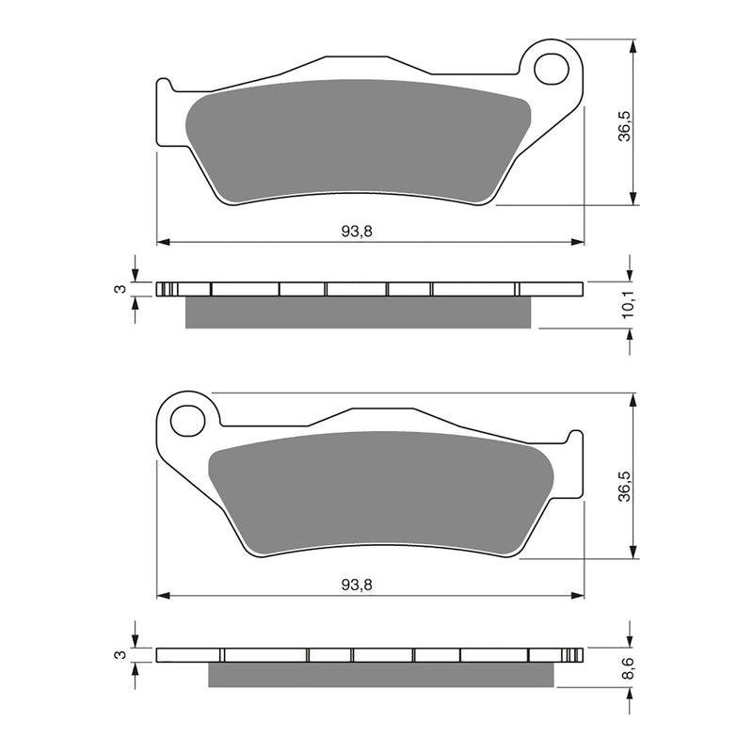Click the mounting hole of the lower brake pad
190,420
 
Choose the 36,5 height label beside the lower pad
624,476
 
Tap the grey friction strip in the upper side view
362,312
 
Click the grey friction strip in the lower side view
381,674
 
